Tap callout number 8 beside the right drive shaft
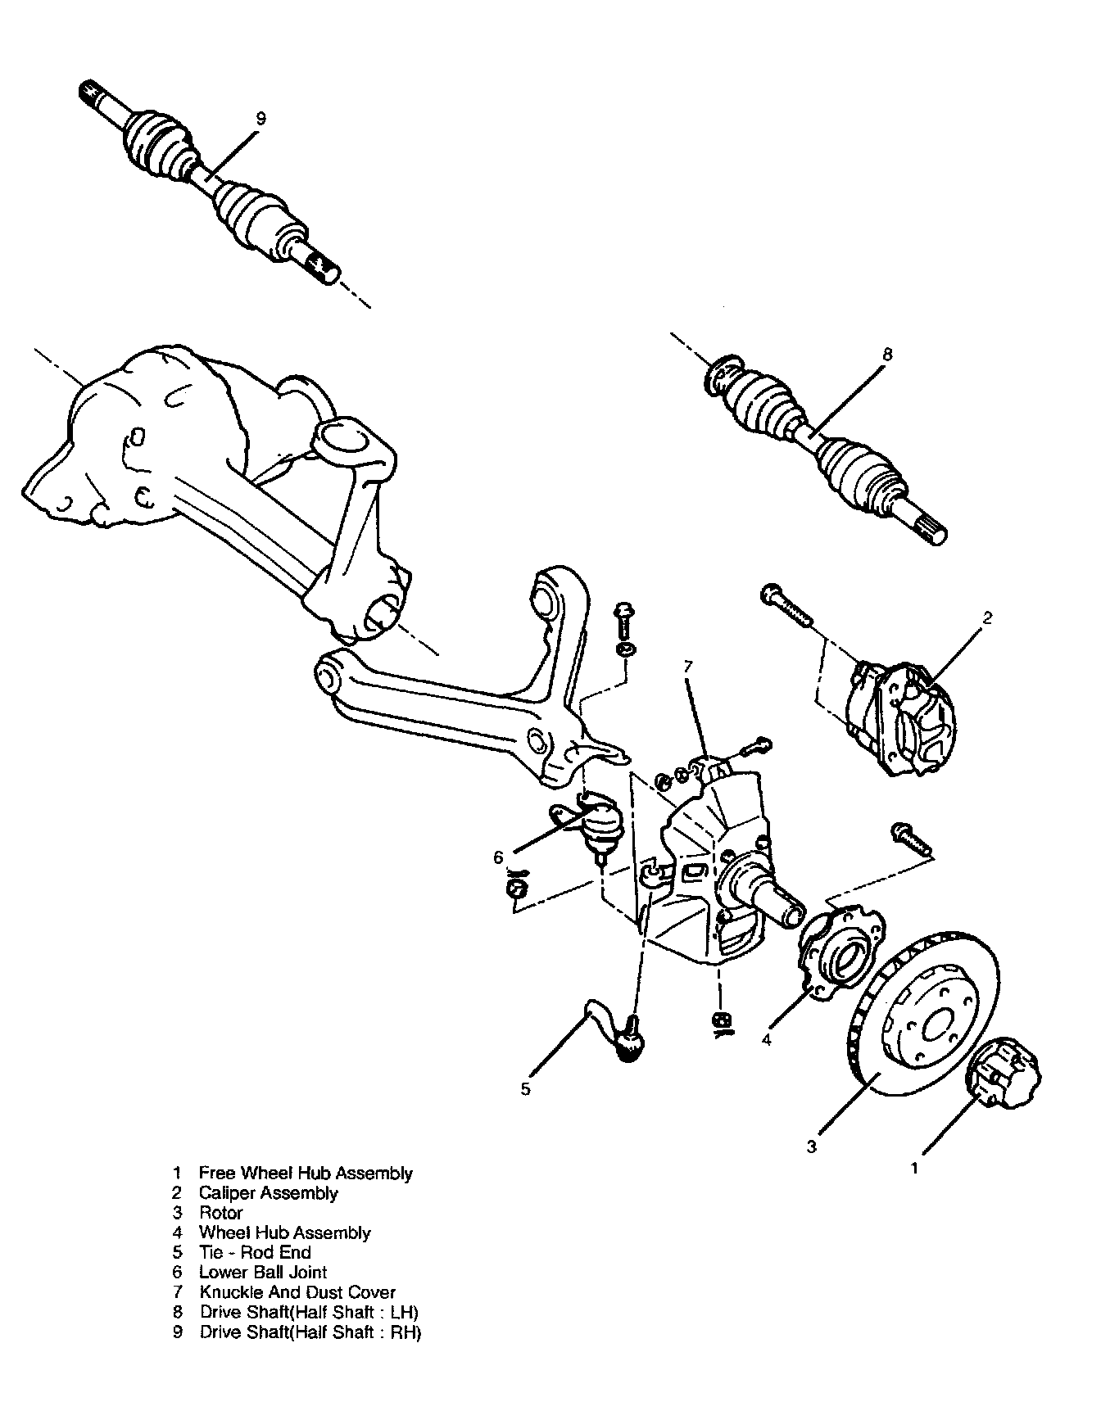click(887, 355)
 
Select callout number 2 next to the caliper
click(988, 618)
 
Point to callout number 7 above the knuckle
click(687, 667)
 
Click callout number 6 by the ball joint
click(498, 858)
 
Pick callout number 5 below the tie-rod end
click(526, 1088)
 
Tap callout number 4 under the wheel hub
click(766, 1040)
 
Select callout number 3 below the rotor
click(811, 1146)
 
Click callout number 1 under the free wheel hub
click(915, 1169)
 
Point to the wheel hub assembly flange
click(840, 950)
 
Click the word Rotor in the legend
click(221, 1213)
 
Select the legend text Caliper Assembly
click(269, 1193)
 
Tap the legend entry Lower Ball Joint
click(263, 1273)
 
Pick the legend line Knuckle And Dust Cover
click(297, 1292)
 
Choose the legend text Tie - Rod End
click(255, 1252)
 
